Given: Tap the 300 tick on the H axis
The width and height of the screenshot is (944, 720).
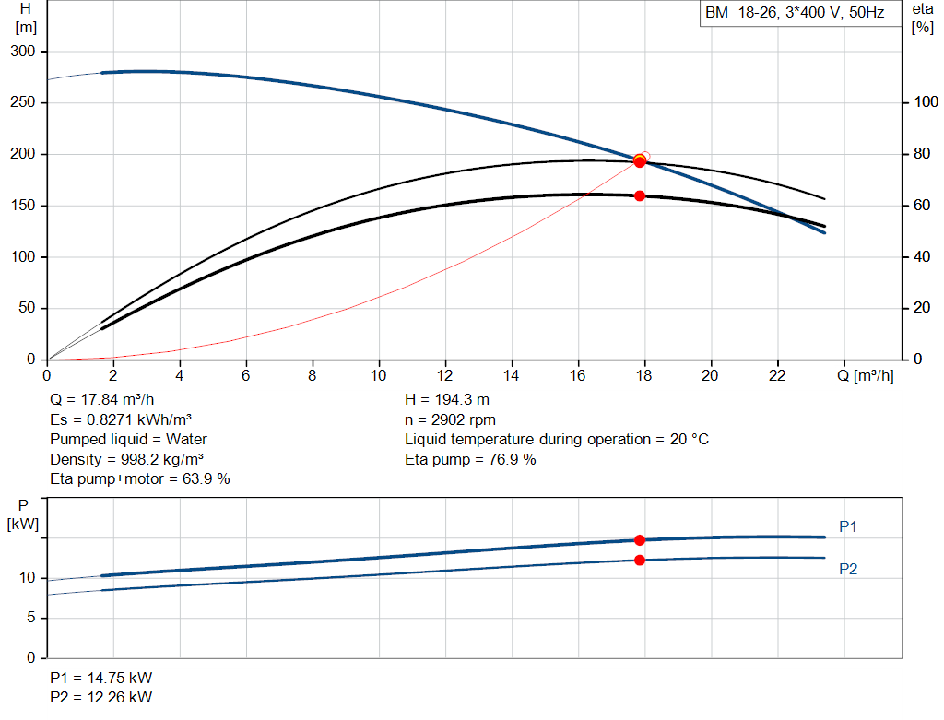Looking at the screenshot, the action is (x=23, y=52).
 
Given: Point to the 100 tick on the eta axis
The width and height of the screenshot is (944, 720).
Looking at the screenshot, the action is (x=926, y=102).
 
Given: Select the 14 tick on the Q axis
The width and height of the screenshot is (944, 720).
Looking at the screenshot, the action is (x=511, y=375).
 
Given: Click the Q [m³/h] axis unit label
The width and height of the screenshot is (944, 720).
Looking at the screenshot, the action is (x=865, y=375).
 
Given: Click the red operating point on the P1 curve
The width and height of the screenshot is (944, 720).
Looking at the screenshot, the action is (x=640, y=540).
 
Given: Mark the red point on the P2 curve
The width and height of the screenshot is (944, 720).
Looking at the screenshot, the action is (x=640, y=560).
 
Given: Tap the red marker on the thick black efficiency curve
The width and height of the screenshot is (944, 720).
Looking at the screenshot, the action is (x=640, y=195).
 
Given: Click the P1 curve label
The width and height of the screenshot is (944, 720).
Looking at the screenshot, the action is (x=848, y=526).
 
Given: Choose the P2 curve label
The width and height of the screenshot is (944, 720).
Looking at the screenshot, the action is (x=848, y=569).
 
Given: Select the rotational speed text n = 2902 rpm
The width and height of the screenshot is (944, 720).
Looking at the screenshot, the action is (x=450, y=419).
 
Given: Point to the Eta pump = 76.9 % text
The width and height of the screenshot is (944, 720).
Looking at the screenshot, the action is (x=470, y=459).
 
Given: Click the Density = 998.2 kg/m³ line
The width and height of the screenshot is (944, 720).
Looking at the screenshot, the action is (x=126, y=459).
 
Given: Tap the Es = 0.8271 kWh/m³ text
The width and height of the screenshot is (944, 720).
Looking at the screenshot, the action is (x=121, y=419).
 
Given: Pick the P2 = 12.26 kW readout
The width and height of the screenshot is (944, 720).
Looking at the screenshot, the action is (x=101, y=697).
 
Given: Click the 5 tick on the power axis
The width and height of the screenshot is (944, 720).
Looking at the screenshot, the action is (x=31, y=618).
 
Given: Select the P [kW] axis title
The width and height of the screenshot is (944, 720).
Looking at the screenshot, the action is (x=23, y=514).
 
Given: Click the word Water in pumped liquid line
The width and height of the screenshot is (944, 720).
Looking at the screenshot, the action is (x=186, y=440).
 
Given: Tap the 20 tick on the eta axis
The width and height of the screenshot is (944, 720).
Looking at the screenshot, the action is (x=922, y=308).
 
